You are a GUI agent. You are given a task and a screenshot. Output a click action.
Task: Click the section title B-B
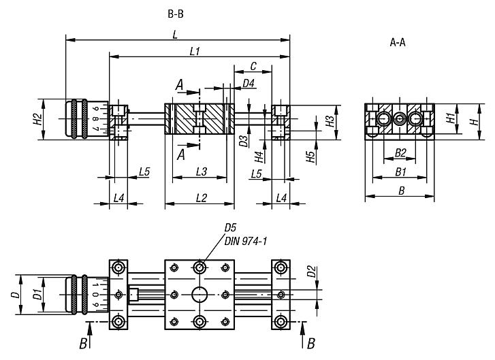[175, 14]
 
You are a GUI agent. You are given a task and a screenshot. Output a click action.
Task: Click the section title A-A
[398, 43]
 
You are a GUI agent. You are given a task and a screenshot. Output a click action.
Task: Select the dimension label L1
[195, 51]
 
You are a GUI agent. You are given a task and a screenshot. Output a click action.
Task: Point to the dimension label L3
[201, 171]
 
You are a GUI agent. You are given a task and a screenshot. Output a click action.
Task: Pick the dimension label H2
[37, 119]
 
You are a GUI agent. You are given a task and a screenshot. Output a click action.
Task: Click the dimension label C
[253, 67]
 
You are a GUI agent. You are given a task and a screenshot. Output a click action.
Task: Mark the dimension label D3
[243, 141]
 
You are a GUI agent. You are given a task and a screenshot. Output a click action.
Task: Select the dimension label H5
[310, 157]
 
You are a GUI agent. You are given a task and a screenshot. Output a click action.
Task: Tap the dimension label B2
[401, 152]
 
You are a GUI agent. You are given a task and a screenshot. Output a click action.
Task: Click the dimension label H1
[450, 117]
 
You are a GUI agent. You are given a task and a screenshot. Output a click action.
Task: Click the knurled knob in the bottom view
[78, 295]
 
